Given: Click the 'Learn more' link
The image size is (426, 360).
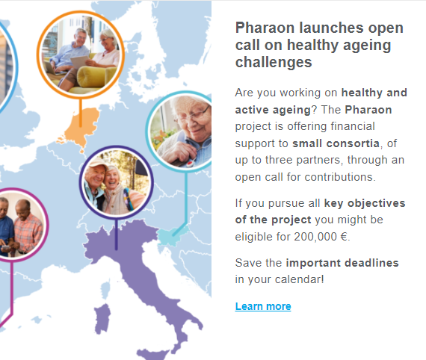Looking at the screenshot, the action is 263,306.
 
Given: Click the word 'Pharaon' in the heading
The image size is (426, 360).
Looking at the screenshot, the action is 265,28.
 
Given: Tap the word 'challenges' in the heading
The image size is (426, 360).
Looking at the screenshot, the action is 274,63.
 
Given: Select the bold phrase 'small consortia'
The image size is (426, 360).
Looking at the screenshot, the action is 336,143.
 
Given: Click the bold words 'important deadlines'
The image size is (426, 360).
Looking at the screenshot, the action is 342,263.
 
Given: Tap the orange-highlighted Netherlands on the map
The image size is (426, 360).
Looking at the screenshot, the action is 80,128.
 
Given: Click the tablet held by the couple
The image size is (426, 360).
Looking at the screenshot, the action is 80,62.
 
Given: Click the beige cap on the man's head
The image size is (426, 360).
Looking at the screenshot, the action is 96,163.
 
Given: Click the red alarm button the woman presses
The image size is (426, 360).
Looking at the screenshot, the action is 190,164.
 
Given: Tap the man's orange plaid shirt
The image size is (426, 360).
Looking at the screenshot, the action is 28,232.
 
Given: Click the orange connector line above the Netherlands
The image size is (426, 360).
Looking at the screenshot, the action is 81,113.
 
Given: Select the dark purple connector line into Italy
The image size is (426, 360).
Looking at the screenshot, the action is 117,234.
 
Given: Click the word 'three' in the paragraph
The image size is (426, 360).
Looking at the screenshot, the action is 279,160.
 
